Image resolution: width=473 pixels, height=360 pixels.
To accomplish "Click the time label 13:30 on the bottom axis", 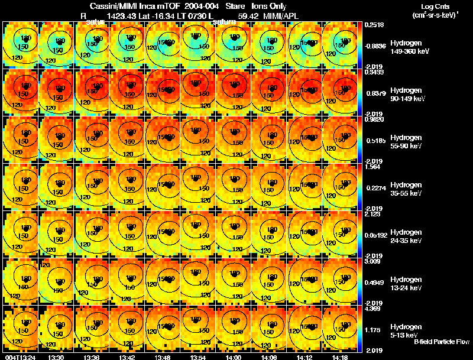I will click(x=56, y=356).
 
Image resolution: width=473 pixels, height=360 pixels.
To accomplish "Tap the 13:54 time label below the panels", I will click(x=197, y=356).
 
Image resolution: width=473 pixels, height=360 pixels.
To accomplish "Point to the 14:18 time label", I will click(x=339, y=356).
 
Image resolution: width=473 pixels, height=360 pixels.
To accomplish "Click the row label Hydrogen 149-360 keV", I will click(x=409, y=47).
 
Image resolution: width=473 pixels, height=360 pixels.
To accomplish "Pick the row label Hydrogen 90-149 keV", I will click(x=409, y=95).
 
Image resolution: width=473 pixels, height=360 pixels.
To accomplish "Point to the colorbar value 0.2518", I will click(x=375, y=25).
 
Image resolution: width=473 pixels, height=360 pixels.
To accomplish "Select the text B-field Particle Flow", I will click(x=442, y=342).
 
